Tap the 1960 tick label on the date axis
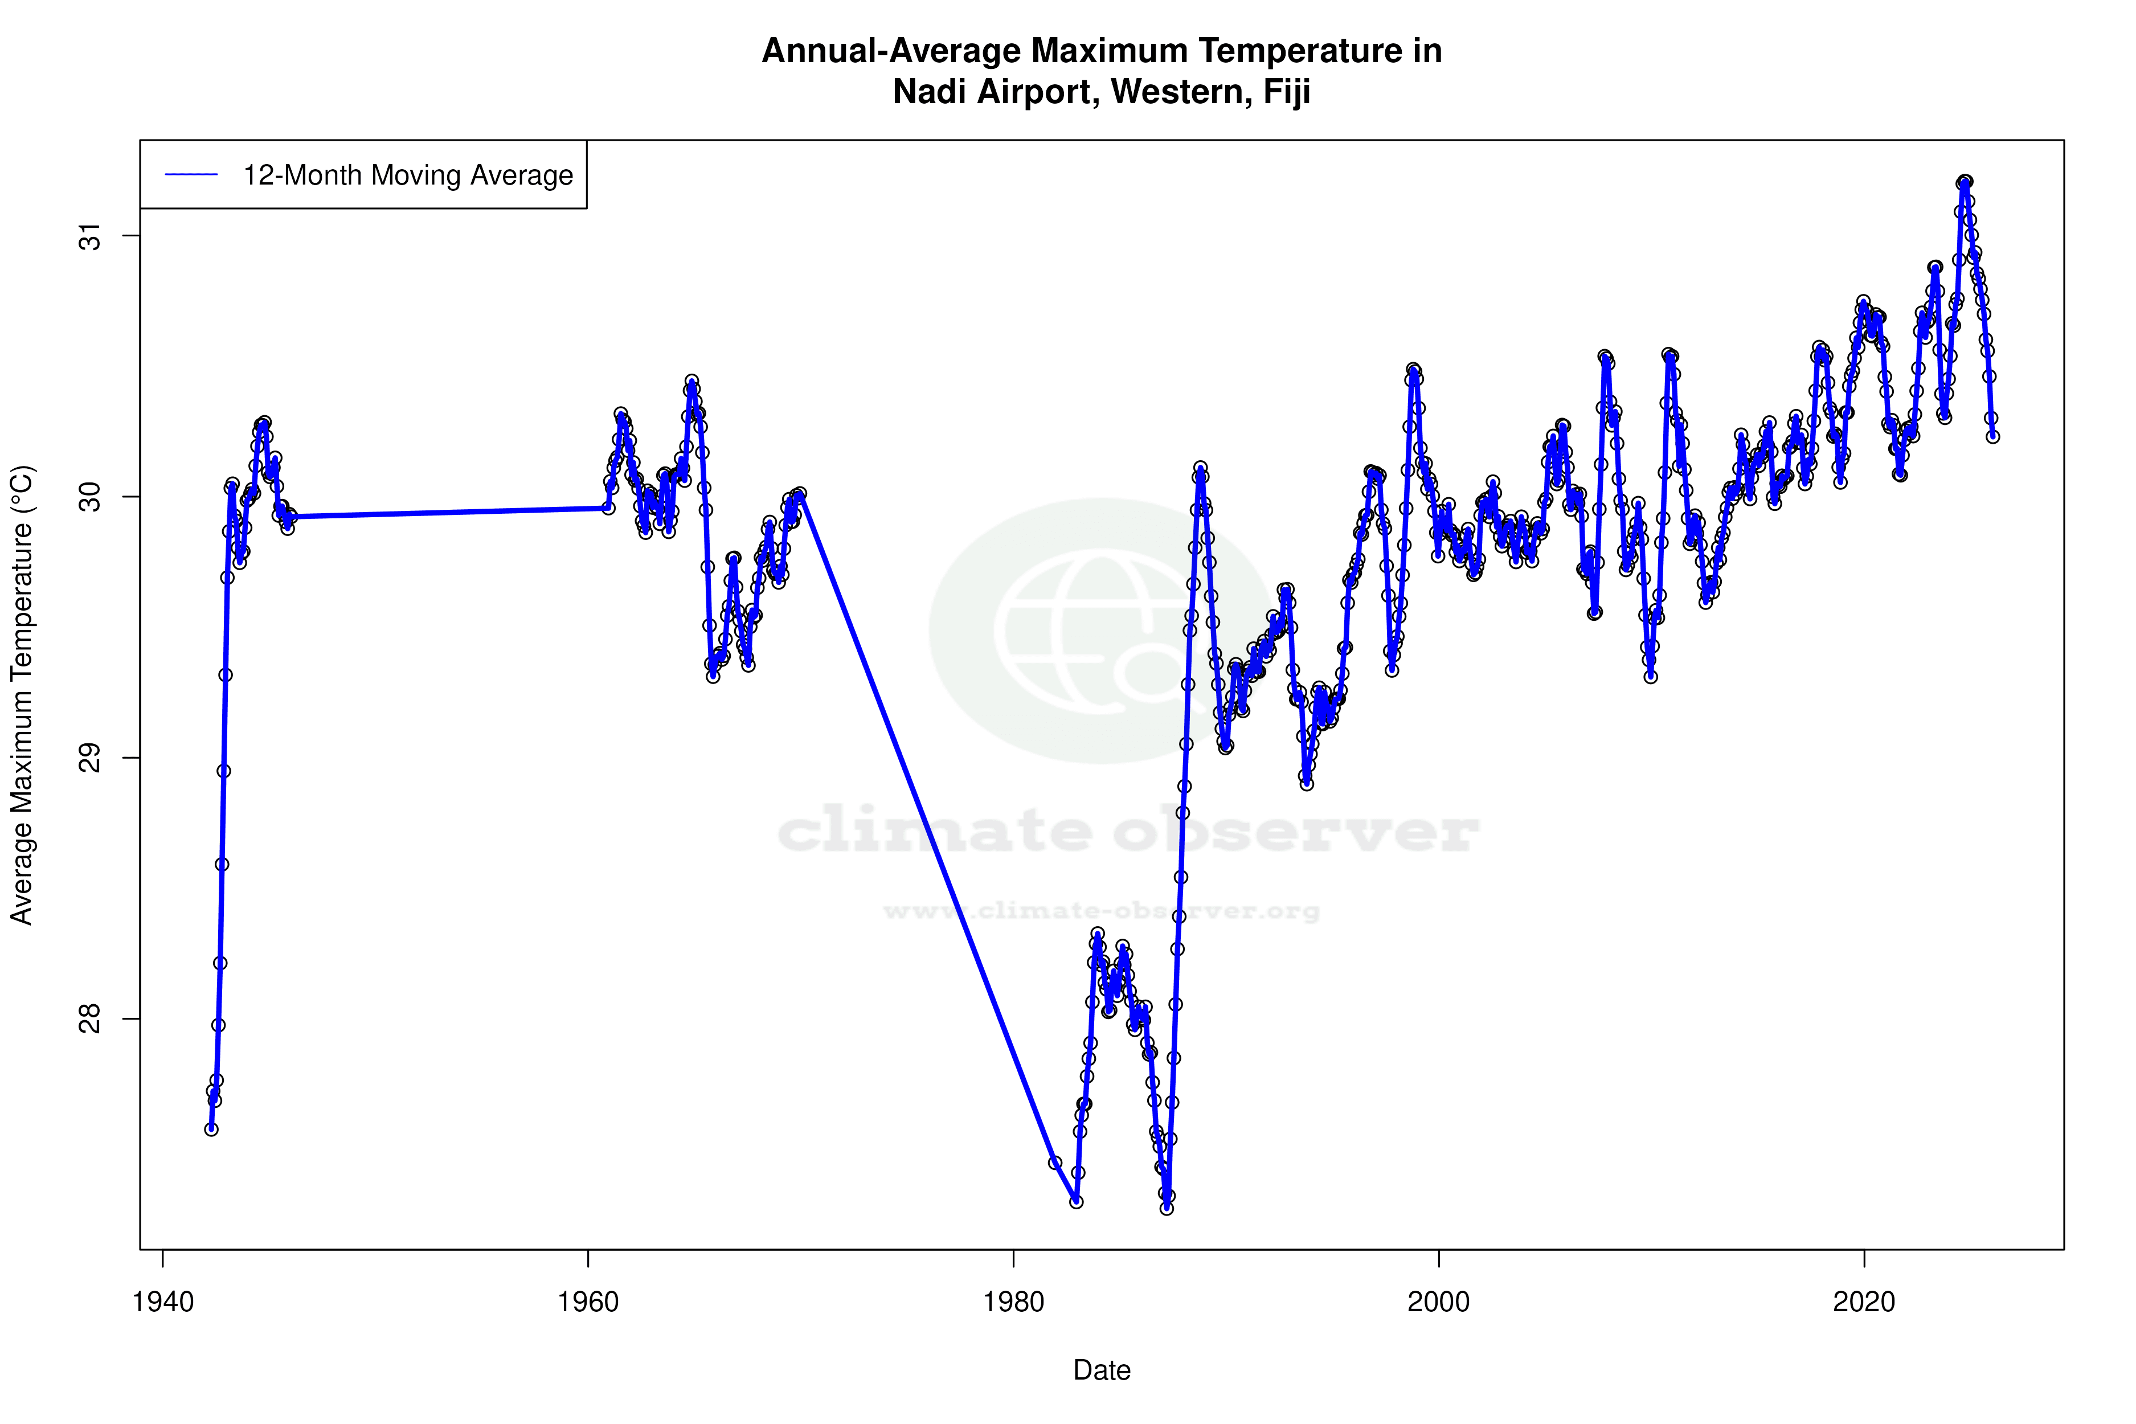tap(588, 1302)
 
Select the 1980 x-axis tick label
tap(1013, 1302)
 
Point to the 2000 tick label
tap(1439, 1302)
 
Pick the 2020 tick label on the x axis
tap(1864, 1302)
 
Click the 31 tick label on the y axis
tap(91, 236)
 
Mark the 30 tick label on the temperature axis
tap(91, 497)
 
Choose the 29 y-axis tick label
tap(91, 758)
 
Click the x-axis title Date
tap(1102, 1370)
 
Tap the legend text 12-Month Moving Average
tap(408, 175)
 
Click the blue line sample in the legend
tap(191, 175)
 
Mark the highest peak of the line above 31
tap(1965, 182)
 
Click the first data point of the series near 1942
tap(211, 1129)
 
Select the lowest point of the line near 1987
tap(1167, 1208)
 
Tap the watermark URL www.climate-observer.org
tap(1102, 911)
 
